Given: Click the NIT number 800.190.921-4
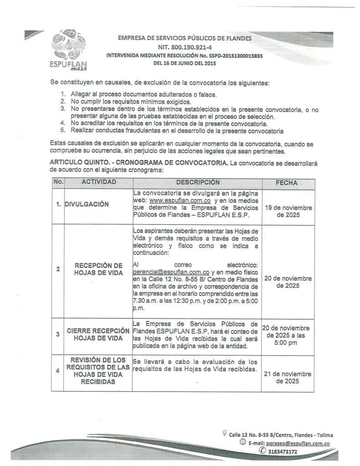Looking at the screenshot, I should tap(185, 47).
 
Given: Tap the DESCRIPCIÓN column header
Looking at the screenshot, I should tap(198, 182).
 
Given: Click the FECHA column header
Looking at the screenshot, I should tap(287, 183).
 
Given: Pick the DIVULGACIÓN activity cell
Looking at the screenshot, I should tap(87, 204).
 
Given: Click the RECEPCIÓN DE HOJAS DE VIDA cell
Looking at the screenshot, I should tap(99, 269).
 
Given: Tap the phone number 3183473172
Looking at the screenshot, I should tap(283, 451).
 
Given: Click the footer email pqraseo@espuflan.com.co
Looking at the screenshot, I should tap(296, 443).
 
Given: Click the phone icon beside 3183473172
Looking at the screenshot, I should tap(262, 451).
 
